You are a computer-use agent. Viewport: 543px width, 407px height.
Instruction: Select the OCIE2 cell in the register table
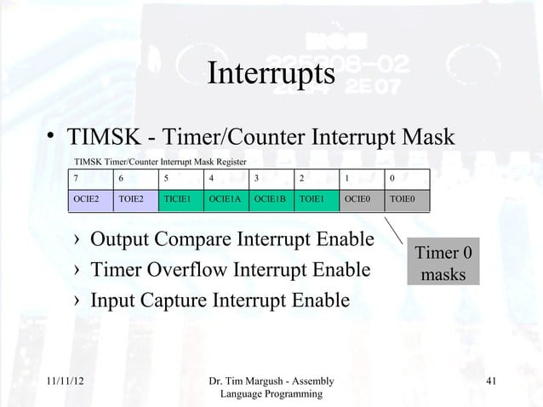[89, 200]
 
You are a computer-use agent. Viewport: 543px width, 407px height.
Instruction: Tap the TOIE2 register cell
[134, 200]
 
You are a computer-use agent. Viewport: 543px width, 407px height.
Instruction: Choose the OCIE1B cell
[271, 200]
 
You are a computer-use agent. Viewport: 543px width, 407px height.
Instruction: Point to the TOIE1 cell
[317, 200]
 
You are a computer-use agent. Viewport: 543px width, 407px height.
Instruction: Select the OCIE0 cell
[361, 200]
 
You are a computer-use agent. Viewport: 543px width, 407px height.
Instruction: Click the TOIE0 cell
[405, 200]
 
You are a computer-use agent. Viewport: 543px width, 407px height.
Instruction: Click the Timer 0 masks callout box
[443, 264]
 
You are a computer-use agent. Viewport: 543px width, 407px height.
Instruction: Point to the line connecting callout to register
[396, 230]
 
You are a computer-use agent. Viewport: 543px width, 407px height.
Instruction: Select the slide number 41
[489, 381]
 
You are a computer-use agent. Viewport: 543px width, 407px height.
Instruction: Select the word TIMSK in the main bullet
[103, 138]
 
